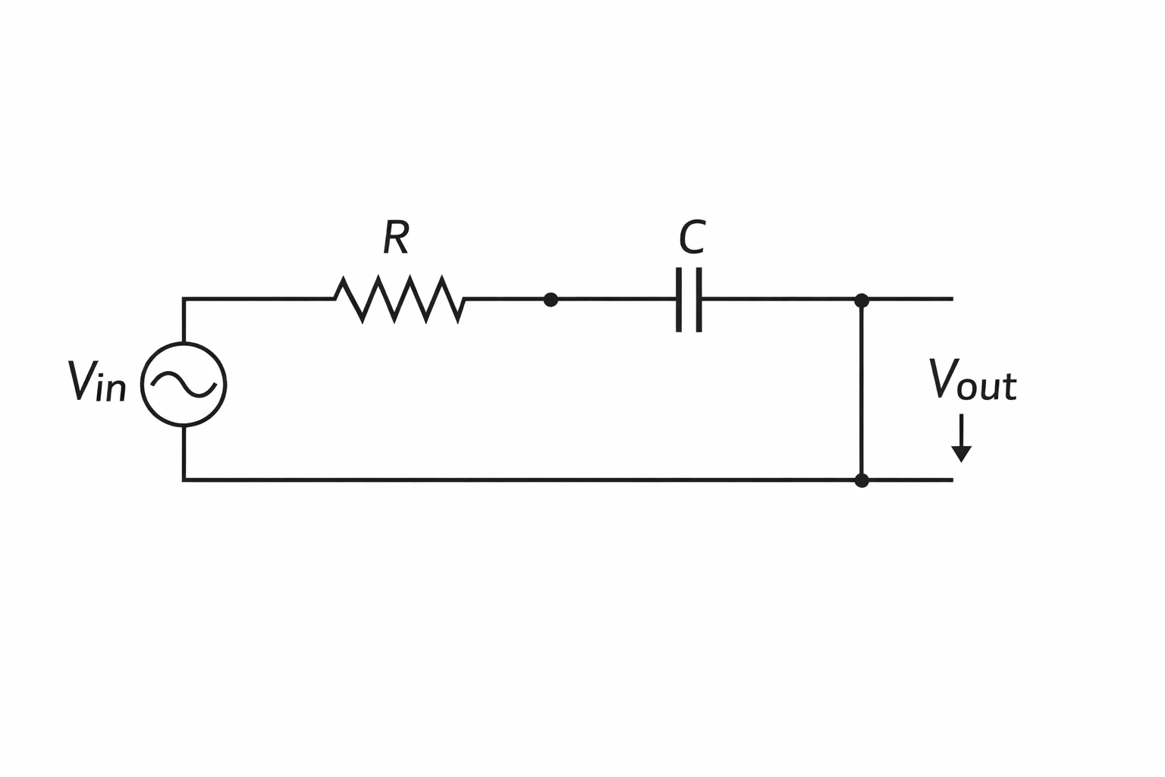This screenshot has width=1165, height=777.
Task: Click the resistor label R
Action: [396, 237]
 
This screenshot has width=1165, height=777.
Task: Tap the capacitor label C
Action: [692, 237]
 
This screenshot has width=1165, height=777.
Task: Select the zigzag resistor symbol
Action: [400, 299]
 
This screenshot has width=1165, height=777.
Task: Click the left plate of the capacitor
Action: [679, 300]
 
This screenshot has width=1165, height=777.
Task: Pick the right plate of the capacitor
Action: [699, 300]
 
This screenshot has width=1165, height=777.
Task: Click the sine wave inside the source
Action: [184, 385]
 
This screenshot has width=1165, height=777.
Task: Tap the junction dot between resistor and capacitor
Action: [551, 300]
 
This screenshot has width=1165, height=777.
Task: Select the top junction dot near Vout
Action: [862, 300]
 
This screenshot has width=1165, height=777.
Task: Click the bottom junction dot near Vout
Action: [862, 480]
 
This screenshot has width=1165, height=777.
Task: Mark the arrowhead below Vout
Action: [962, 454]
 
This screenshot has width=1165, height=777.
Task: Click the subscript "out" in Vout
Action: [987, 387]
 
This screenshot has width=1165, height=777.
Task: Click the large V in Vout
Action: [944, 379]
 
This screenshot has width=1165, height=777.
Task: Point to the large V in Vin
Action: [82, 380]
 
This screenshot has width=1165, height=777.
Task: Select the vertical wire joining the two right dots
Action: [862, 390]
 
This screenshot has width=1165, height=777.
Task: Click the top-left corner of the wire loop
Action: [184, 299]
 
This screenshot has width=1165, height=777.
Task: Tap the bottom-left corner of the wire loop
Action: [184, 480]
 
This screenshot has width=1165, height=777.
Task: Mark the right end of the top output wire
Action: [953, 299]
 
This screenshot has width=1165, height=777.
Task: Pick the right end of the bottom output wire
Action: [953, 480]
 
